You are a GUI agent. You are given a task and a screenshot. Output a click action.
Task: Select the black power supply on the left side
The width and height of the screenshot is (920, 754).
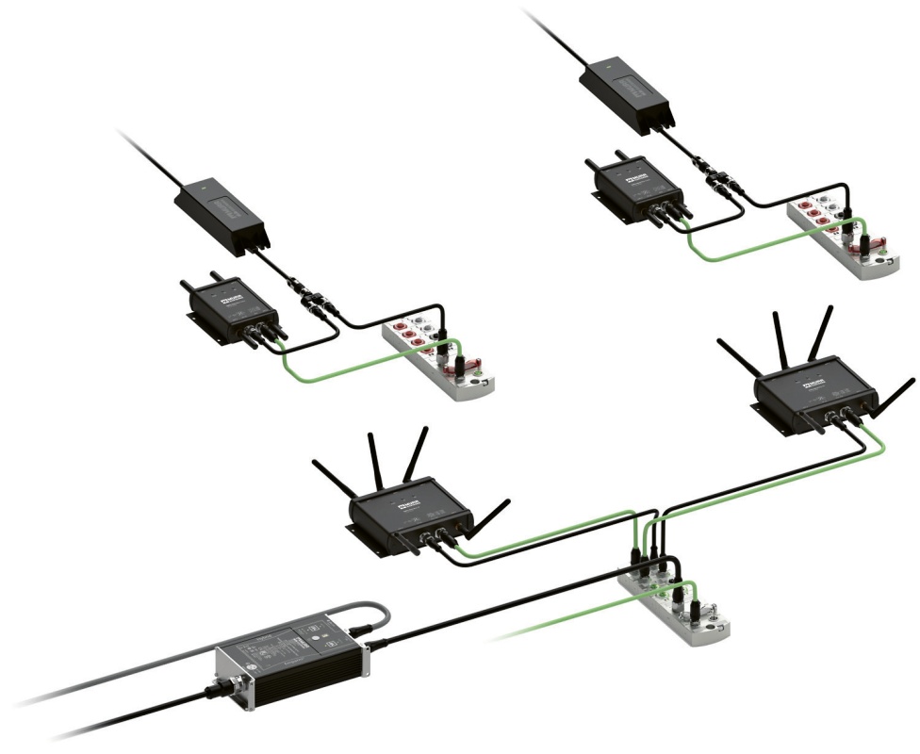tap(223, 214)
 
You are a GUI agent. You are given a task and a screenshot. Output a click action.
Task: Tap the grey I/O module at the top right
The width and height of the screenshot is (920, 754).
tap(840, 236)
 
